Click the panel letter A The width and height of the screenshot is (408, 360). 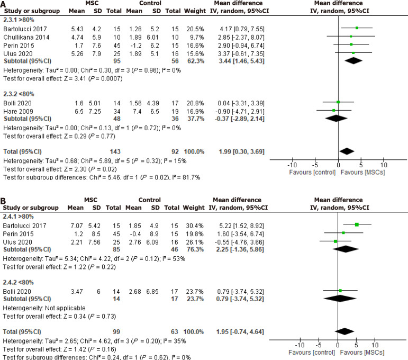pos(4,5)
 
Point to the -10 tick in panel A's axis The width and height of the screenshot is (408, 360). pos(293,165)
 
